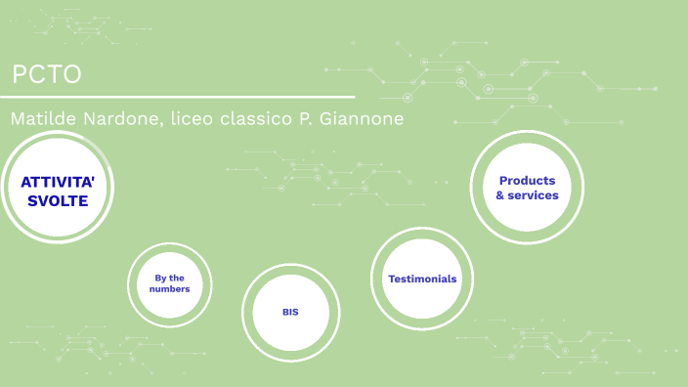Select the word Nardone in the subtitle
coord(119,119)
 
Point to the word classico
coord(257,119)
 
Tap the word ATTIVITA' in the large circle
coord(57,182)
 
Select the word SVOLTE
coord(57,201)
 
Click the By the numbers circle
coord(169,283)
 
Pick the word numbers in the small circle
coord(169,289)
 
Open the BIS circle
coord(290,312)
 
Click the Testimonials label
coord(422,279)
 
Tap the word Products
coord(527,181)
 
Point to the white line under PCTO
coord(176,97)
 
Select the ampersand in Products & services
coord(500,195)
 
